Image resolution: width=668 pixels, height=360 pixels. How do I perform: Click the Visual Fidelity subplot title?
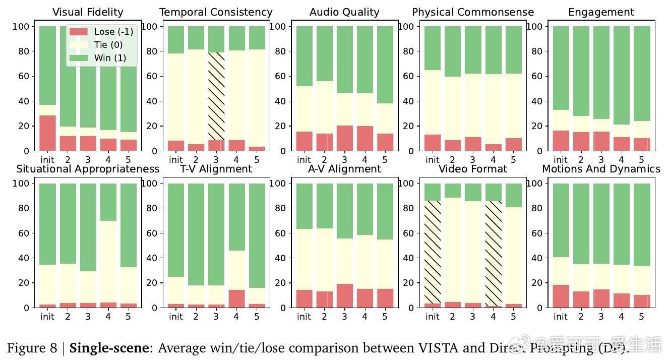(88, 12)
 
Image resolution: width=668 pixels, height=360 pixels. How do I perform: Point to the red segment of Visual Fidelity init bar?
(47, 133)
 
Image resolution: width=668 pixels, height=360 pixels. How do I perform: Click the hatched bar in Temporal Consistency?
(216, 96)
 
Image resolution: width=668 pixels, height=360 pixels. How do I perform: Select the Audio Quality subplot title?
(344, 12)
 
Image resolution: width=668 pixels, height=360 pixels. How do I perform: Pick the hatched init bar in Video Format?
(433, 252)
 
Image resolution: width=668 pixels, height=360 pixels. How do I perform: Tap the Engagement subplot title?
(601, 12)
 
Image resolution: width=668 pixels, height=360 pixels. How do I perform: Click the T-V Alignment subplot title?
(216, 169)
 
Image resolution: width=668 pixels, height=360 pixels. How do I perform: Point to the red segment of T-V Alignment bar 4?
(236, 298)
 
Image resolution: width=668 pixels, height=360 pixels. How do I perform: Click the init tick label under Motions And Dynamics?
(561, 317)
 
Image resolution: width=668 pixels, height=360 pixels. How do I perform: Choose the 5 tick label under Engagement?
(641, 160)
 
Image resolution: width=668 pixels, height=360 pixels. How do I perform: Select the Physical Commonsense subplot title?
(473, 12)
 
